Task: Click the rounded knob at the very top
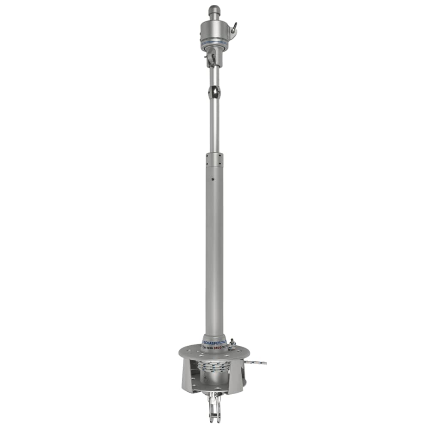coord(214,9)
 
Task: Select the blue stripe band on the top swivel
coord(214,43)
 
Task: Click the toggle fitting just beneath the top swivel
coord(212,59)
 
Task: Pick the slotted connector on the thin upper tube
coord(214,91)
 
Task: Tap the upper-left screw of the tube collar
coord(208,157)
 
